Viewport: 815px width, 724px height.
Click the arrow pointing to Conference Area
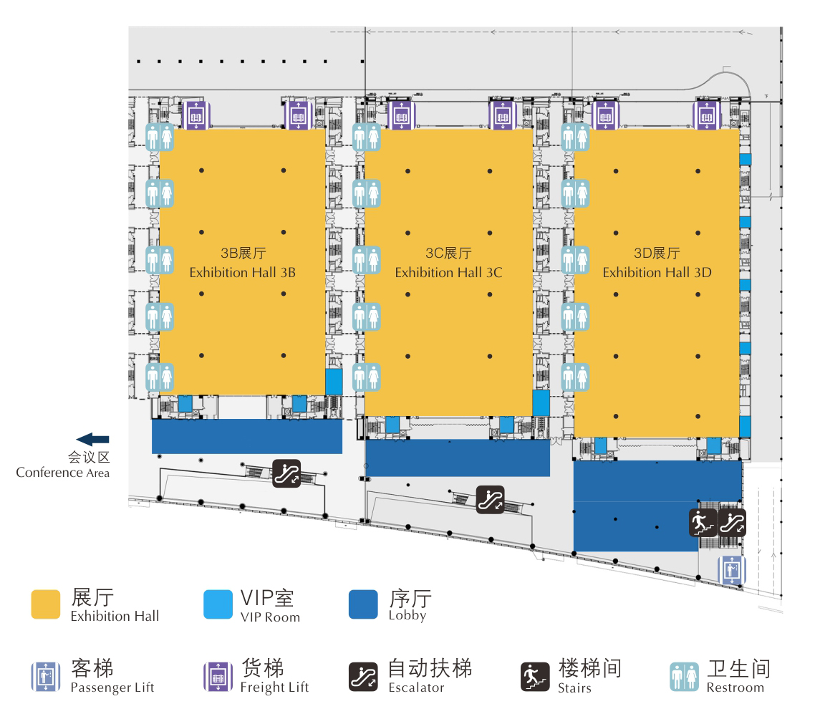(x=92, y=439)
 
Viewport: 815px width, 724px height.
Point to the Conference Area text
(x=63, y=473)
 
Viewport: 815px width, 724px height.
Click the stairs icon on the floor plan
(x=703, y=522)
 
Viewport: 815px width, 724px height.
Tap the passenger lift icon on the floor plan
(x=732, y=569)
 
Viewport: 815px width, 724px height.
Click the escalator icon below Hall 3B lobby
(x=287, y=473)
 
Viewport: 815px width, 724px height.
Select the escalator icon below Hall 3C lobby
(x=491, y=499)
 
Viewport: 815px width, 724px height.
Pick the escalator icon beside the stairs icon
(x=732, y=522)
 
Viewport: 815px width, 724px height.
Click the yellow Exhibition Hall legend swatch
(x=46, y=604)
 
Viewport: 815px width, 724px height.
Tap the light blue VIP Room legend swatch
(x=218, y=604)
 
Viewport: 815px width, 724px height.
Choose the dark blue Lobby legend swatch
(x=363, y=604)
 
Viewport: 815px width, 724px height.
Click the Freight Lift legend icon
(x=218, y=677)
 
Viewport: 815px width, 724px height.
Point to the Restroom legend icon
(x=684, y=677)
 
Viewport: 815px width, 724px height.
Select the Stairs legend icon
(x=535, y=677)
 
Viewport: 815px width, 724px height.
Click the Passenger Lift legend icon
(x=46, y=677)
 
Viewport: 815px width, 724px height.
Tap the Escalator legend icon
(x=363, y=677)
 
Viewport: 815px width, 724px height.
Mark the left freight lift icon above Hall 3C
(x=401, y=115)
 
